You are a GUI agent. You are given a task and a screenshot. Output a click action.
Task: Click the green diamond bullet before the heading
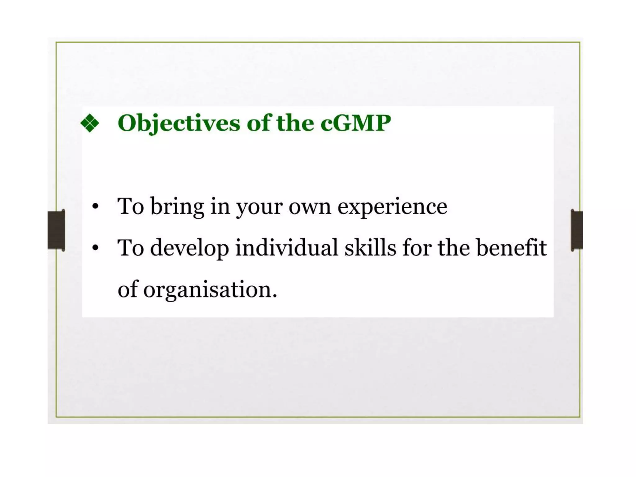[90, 123]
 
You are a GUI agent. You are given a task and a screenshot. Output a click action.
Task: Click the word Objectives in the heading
[179, 123]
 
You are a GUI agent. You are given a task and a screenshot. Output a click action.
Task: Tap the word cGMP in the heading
[356, 123]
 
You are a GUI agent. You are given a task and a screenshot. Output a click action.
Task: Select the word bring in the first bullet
[177, 207]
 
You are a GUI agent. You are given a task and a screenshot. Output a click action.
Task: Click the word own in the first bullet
[310, 207]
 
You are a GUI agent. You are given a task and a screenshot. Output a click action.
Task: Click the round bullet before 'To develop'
[95, 248]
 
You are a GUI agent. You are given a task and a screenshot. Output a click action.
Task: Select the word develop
[190, 248]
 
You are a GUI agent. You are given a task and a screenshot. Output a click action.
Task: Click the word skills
[370, 248]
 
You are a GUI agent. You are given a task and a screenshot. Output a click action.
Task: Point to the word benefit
[511, 248]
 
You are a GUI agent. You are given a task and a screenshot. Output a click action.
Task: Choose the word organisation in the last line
[207, 290]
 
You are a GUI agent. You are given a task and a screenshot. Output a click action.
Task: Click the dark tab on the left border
[56, 230]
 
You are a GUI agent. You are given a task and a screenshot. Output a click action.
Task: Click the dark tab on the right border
[577, 230]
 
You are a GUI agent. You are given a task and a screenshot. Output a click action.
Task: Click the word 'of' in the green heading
[258, 123]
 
